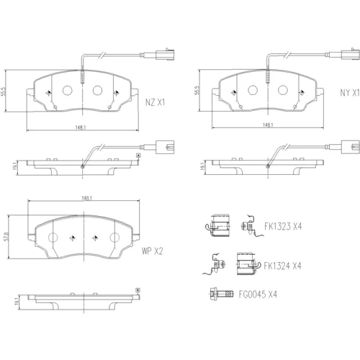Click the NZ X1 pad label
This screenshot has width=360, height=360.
(x=155, y=102)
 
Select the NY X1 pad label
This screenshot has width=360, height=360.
(x=350, y=93)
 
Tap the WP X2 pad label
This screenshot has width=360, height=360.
(x=152, y=251)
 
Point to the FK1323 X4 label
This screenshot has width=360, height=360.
(x=283, y=226)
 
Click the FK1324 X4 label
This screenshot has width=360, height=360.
(x=282, y=266)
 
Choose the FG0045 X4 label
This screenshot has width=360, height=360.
(x=258, y=294)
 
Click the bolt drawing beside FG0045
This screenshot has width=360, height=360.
(x=222, y=293)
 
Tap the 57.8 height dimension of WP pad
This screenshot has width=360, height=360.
(x=7, y=237)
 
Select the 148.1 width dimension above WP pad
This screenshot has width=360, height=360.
(x=86, y=198)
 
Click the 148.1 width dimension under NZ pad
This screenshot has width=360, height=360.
(x=81, y=127)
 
